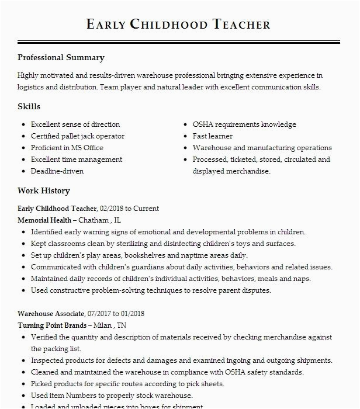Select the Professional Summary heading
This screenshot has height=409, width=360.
point(61,58)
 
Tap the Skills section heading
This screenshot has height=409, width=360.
point(29,107)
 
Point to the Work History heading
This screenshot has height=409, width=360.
point(43,191)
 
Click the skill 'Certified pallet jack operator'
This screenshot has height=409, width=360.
point(77,136)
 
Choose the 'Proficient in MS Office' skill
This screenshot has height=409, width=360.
point(67,148)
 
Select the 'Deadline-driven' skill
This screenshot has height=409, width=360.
point(57,171)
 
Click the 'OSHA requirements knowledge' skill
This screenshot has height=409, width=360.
point(244,124)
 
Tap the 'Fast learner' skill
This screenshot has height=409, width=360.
point(213,136)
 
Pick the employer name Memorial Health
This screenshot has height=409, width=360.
point(44,220)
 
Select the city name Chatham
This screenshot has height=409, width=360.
point(93,220)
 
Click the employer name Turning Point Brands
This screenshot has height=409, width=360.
point(53,325)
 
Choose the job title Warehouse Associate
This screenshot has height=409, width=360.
point(51,314)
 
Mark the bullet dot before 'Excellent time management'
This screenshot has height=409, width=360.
point(23,160)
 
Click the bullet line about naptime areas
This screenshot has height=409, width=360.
point(139,255)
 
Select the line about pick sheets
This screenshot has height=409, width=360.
point(127,384)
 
